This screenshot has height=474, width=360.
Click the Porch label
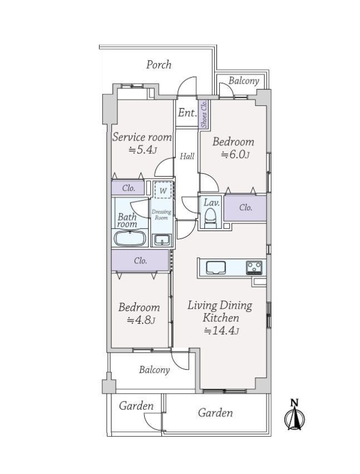159,65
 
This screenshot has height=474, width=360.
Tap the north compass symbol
294,415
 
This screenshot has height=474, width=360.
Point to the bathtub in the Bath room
130,238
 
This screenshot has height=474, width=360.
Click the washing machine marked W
163,190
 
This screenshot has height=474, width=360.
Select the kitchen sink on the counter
216,267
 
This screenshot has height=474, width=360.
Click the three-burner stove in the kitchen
254,268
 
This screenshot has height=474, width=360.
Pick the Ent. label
188,113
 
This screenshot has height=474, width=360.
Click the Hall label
188,157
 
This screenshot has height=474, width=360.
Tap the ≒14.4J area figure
221,331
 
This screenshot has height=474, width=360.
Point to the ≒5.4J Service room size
142,150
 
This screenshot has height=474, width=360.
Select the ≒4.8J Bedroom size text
141,320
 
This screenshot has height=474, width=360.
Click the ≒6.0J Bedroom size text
235,155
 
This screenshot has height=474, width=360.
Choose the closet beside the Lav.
245,208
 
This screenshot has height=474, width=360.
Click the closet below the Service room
128,188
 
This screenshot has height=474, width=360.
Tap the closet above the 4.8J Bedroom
140,260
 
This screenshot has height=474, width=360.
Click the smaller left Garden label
136,406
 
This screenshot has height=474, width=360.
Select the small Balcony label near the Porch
244,81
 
